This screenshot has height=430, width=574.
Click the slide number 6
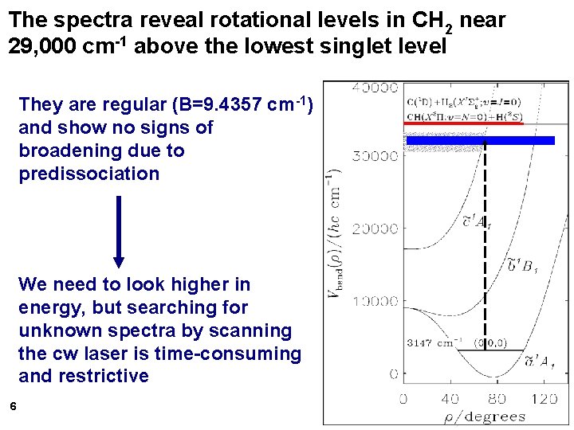tap(13, 407)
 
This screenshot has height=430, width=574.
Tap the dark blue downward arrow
tap(119, 231)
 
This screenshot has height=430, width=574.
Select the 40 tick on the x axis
tap(450, 397)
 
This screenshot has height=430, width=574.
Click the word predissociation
tap(89, 174)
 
